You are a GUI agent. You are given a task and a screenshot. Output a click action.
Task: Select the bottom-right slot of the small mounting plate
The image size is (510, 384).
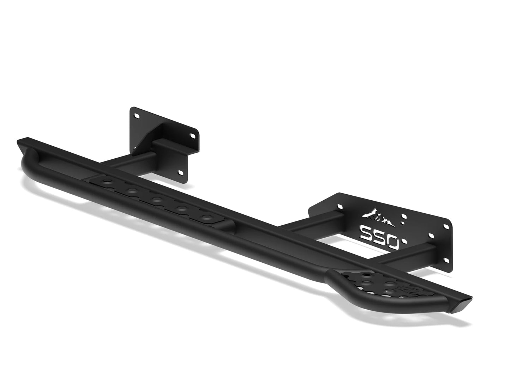coord(181,172)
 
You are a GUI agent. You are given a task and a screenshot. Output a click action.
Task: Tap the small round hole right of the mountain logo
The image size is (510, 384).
coord(402,223)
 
